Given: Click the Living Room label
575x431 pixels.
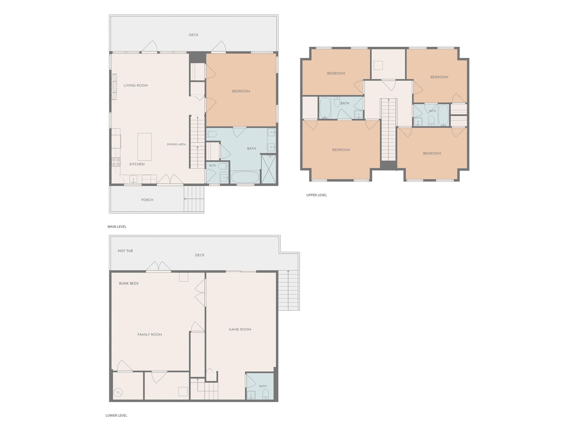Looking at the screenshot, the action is coord(135,85).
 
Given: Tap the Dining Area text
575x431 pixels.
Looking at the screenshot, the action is coord(176,144).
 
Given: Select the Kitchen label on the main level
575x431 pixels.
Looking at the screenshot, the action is coord(137,164).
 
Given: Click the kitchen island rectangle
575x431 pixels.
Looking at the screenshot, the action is coord(145,146).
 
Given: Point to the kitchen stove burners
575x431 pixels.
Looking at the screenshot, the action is coord(116,162).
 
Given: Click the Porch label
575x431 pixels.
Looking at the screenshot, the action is coord(147,200).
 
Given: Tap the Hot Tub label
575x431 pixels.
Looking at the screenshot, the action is coord(125,251).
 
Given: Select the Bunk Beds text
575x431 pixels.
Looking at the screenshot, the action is coord(128,283).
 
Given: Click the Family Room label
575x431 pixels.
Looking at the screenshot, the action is coord(150,334).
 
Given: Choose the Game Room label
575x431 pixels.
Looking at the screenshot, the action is coord(240,330).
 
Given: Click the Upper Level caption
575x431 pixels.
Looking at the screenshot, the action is coord(316,195).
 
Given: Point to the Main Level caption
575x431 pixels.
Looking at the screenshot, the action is coord(117,227).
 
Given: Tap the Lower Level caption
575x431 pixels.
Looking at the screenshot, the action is coord(116,415).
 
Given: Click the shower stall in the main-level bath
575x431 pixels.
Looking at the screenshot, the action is coord(269,169).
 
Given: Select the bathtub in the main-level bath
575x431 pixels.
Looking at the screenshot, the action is coord(245,177).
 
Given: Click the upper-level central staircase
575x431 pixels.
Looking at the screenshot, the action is coord(389,130).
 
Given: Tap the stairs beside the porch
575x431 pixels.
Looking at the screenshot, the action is coord(194,198).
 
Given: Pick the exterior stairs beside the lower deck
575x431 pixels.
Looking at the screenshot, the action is coord(288,290).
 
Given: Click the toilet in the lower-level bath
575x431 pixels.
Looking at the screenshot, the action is coord(265,395).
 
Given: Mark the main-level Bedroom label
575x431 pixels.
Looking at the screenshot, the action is coord(241,91).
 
